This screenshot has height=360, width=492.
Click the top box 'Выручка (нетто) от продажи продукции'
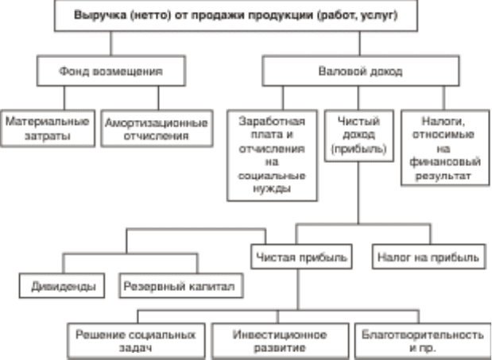pyautogui.click(x=236, y=15)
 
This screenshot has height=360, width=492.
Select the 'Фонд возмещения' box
pyautogui.click(x=111, y=71)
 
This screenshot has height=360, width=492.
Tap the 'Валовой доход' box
pyautogui.click(x=361, y=71)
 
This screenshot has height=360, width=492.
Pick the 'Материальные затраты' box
pyautogui.click(x=48, y=128)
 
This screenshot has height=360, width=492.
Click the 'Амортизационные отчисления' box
pyautogui.click(x=157, y=128)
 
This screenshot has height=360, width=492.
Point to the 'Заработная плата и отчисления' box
pyautogui.click(x=272, y=155)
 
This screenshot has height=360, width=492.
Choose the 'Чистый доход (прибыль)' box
pyautogui.click(x=359, y=135)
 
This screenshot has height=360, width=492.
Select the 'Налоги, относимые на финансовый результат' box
pyautogui.click(x=445, y=148)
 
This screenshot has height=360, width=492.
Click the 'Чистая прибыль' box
pyautogui.click(x=301, y=257)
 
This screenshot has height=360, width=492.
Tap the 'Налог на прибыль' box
pyautogui.click(x=429, y=257)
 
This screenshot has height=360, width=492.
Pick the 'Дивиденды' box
pyautogui.click(x=62, y=285)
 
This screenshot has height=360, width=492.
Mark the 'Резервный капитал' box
pyautogui.click(x=181, y=285)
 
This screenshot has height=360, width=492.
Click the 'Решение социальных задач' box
pyautogui.click(x=137, y=341)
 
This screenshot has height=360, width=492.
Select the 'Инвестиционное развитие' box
pyautogui.click(x=281, y=341)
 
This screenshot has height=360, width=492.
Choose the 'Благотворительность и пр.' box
pyautogui.click(x=423, y=341)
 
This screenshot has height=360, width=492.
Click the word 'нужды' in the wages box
pyautogui.click(x=272, y=189)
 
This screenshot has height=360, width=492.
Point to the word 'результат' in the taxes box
pyautogui.click(x=444, y=176)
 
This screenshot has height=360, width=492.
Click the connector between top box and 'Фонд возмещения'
pyautogui.click(x=110, y=44)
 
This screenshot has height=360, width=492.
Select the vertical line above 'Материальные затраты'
pyautogui.click(x=64, y=98)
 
